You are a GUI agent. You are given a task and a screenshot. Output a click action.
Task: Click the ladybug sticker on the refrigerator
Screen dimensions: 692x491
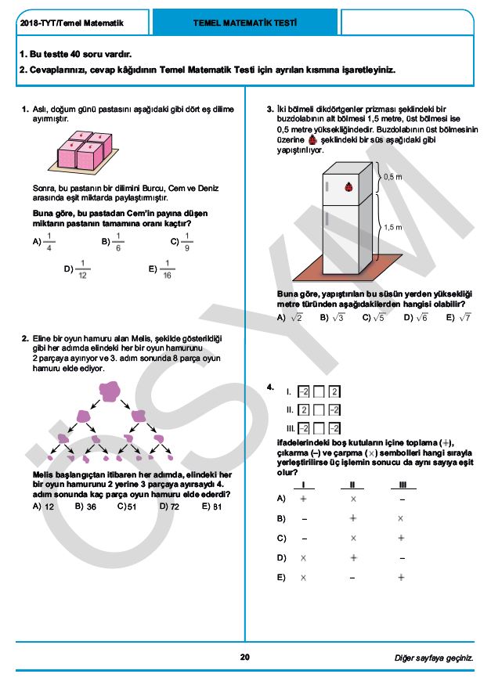pyautogui.click(x=345, y=187)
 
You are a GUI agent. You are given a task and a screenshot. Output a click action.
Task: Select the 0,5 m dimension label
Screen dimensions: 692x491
pyautogui.click(x=392, y=177)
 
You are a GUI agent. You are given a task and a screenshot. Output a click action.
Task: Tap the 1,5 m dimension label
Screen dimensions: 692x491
pyautogui.click(x=392, y=227)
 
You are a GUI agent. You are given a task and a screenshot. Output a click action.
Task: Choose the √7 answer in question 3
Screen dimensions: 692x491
pyautogui.click(x=464, y=317)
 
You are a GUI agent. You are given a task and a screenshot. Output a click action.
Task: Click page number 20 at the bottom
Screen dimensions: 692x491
pyautogui.click(x=245, y=657)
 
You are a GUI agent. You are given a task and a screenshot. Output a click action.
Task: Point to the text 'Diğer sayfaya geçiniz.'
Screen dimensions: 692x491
pyautogui.click(x=433, y=658)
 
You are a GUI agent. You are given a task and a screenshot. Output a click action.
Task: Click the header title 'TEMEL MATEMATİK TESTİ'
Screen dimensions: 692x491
pyautogui.click(x=244, y=23)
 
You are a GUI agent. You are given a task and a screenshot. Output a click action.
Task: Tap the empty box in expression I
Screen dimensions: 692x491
pyautogui.click(x=319, y=391)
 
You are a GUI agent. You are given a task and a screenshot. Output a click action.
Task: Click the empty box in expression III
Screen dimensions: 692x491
pyautogui.click(x=319, y=427)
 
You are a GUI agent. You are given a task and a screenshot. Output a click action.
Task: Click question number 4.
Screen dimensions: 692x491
pyautogui.click(x=269, y=387)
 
